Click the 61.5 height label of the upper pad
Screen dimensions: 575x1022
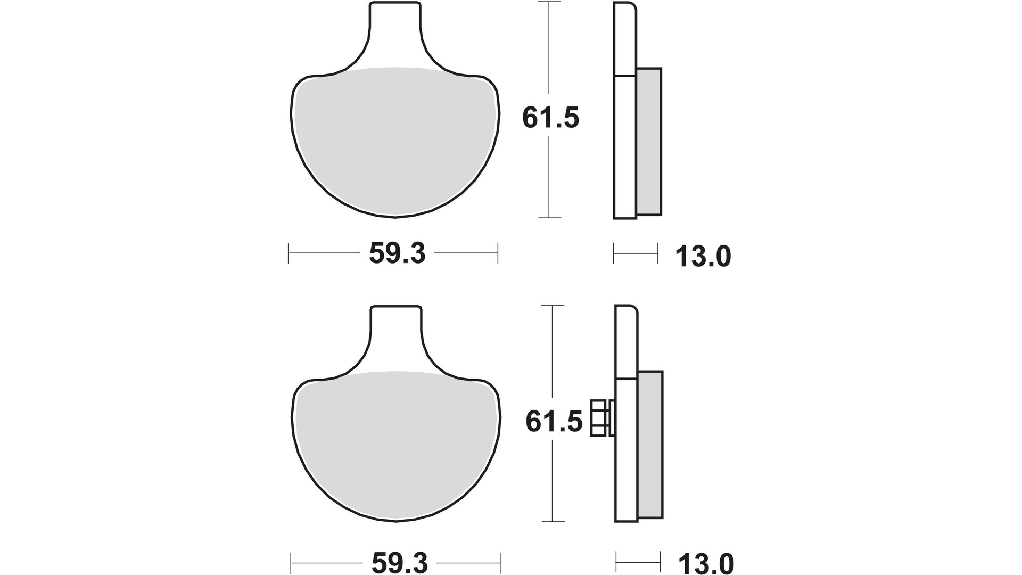click(x=550, y=118)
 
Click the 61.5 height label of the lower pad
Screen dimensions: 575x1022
click(x=554, y=422)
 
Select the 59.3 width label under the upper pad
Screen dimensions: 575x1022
click(x=397, y=253)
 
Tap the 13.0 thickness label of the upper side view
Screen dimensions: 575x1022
click(x=703, y=257)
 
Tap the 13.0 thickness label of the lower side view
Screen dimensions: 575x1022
click(x=706, y=563)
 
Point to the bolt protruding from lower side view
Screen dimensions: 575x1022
click(x=598, y=418)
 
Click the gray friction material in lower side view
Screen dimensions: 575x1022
click(x=650, y=446)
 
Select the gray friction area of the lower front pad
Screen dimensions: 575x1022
click(x=397, y=447)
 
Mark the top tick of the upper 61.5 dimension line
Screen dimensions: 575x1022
click(x=550, y=2)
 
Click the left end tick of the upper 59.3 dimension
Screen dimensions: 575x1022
click(x=289, y=253)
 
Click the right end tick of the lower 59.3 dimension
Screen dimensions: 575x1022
click(x=500, y=562)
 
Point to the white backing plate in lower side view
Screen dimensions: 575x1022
click(x=626, y=453)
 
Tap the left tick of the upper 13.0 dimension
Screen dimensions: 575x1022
click(x=614, y=253)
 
